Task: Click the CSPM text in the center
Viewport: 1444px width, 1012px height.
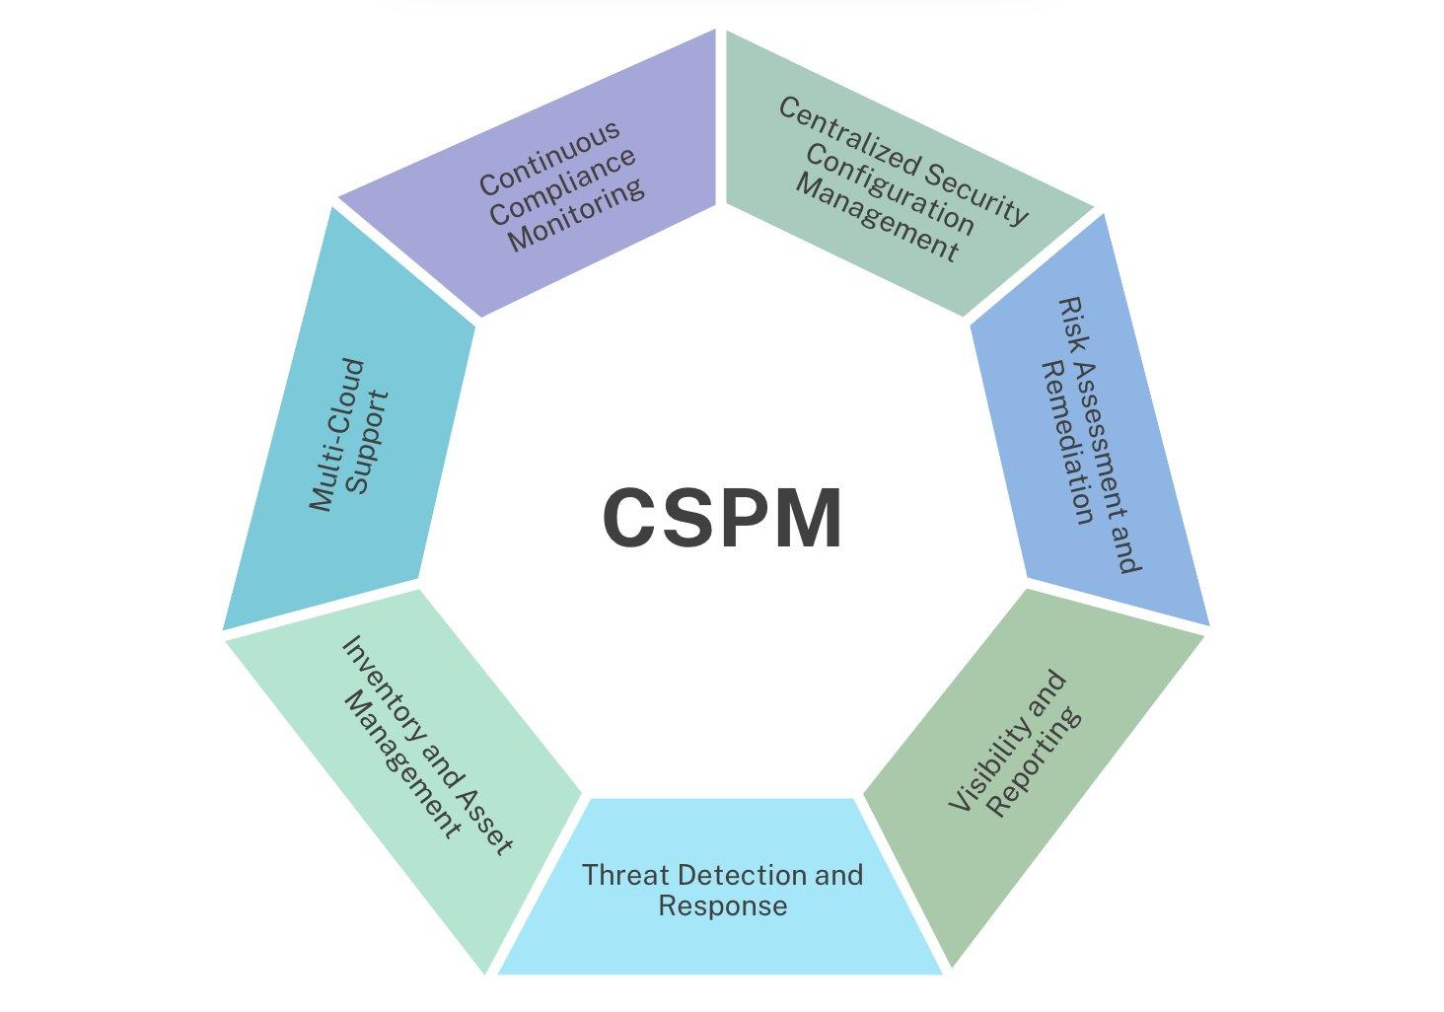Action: pos(722,518)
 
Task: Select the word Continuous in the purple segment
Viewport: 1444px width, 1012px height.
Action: pos(549,157)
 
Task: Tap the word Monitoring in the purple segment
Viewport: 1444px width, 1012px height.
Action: pos(577,215)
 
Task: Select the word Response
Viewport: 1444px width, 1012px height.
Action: pos(722,905)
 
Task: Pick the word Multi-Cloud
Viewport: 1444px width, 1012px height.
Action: pos(335,435)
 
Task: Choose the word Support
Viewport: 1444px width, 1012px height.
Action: pos(371,443)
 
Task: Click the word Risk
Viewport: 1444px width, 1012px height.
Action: pos(1069,322)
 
